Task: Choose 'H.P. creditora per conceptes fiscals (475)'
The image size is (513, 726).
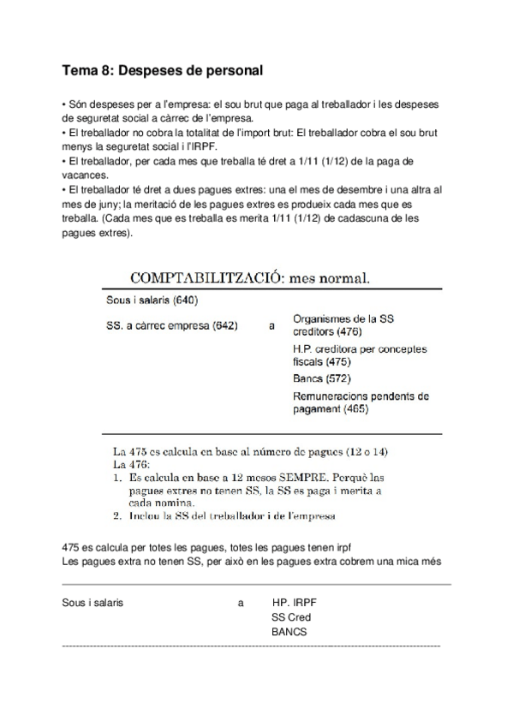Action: click(359, 355)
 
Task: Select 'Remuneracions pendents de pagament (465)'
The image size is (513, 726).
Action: click(361, 402)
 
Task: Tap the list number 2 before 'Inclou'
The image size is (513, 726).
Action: click(118, 516)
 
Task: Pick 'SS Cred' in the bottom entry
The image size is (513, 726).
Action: click(291, 617)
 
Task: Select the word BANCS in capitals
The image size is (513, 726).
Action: click(289, 633)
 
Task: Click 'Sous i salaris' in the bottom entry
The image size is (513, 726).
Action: click(93, 602)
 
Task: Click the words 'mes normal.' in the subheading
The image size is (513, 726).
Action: click(331, 278)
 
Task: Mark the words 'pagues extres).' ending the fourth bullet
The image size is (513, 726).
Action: click(98, 231)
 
